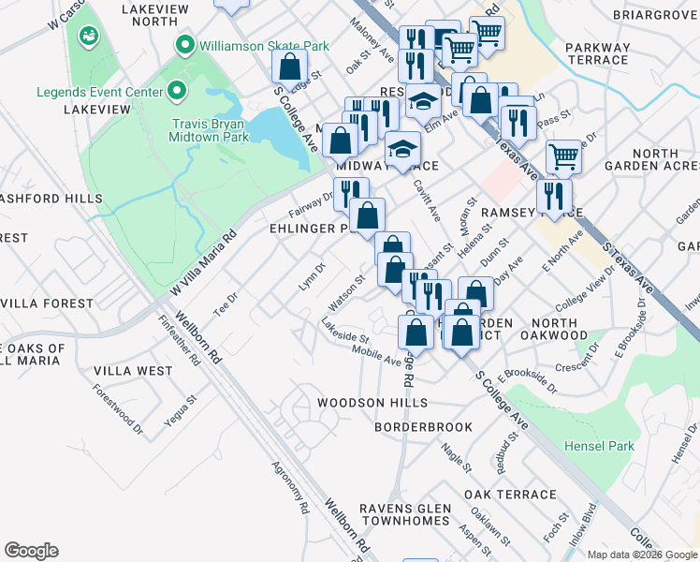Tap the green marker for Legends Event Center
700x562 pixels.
tap(176, 92)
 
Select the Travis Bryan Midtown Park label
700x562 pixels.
tap(209, 129)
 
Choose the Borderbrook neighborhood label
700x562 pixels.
tap(423, 427)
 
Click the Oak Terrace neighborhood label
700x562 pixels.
tap(509, 495)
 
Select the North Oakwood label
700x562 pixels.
tap(552, 335)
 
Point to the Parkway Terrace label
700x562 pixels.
tap(597, 53)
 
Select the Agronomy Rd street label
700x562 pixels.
tap(290, 488)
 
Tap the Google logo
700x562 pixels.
tap(31, 551)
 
